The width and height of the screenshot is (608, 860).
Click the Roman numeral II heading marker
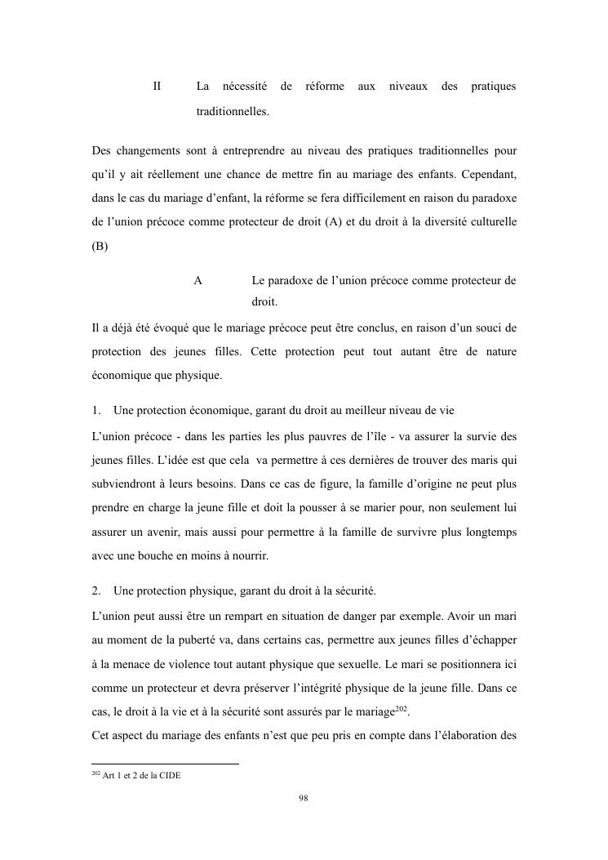click(x=158, y=86)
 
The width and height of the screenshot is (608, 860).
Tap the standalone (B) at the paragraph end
click(x=100, y=246)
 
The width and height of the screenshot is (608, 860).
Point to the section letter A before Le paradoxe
click(x=197, y=281)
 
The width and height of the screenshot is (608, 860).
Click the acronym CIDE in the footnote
click(x=169, y=776)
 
